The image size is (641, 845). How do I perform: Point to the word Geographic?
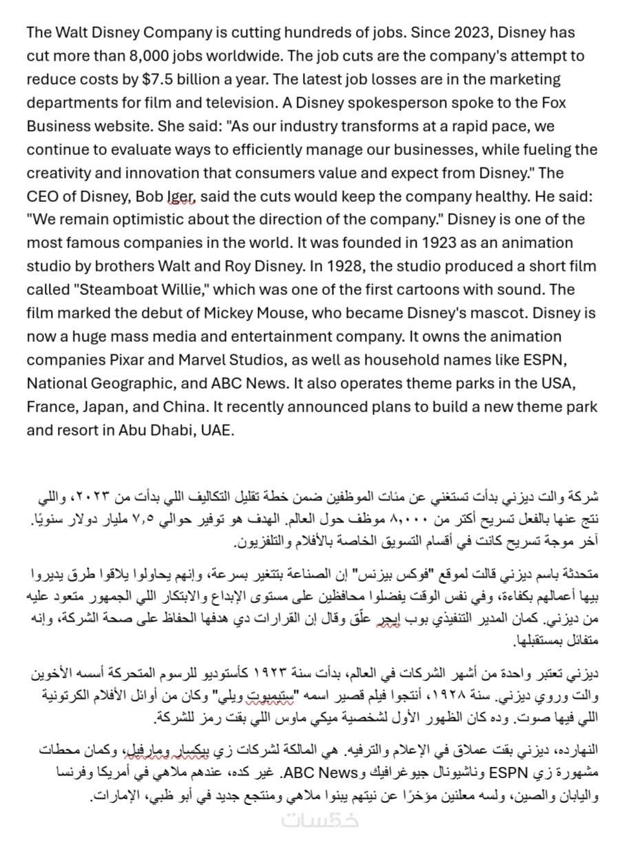pos(132,384)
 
